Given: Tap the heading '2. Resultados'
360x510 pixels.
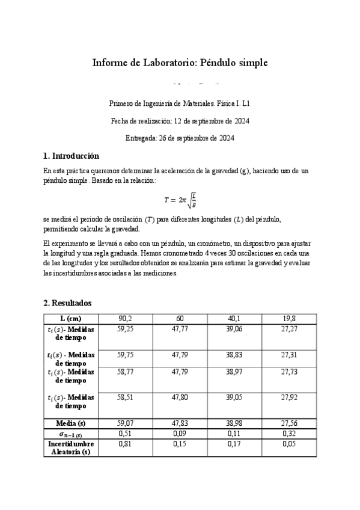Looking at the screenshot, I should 67,303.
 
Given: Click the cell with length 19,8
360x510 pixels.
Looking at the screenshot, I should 289,318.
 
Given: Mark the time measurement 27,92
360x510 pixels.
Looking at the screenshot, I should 289,398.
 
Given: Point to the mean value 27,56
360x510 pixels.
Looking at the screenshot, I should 289,423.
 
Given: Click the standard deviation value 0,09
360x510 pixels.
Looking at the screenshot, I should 180,434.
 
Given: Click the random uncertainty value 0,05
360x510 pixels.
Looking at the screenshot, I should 289,444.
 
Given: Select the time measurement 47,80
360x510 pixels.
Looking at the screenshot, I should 180,398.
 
